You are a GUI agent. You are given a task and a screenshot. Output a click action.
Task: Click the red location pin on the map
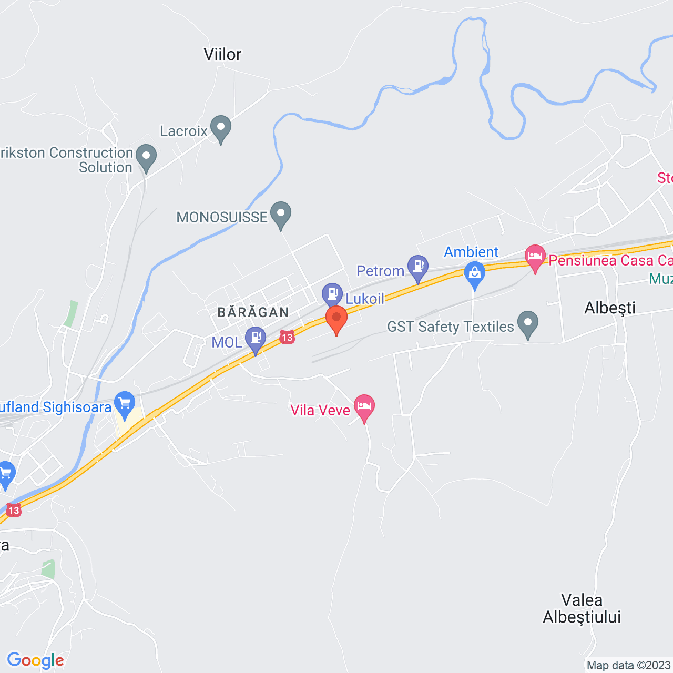pyautogui.click(x=336, y=318)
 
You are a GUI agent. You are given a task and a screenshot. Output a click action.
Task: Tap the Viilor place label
pyautogui.click(x=222, y=54)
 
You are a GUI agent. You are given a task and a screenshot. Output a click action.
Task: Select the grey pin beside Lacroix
pyautogui.click(x=221, y=128)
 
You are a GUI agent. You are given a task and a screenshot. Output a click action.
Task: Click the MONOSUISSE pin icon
pyautogui.click(x=281, y=214)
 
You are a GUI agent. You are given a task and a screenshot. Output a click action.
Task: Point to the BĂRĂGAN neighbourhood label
pyautogui.click(x=253, y=312)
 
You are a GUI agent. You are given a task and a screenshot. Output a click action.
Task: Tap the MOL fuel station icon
pyautogui.click(x=255, y=338)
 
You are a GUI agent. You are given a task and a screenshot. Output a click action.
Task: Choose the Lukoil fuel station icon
pyautogui.click(x=332, y=294)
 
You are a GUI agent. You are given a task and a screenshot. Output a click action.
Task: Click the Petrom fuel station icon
pyautogui.click(x=418, y=267)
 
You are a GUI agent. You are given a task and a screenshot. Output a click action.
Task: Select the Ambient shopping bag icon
pyautogui.click(x=474, y=273)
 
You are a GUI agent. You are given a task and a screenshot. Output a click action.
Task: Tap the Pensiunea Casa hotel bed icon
pyautogui.click(x=535, y=257)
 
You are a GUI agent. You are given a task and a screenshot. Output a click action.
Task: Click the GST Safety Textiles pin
pyautogui.click(x=528, y=323)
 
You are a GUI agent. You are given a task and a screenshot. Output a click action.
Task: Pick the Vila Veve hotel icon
pyautogui.click(x=364, y=406)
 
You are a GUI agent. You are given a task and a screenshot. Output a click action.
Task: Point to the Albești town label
pyautogui.click(x=610, y=308)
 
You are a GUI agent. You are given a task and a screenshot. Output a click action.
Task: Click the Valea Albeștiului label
pyautogui.click(x=582, y=608)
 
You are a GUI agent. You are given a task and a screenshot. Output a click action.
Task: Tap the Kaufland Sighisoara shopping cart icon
pyautogui.click(x=125, y=404)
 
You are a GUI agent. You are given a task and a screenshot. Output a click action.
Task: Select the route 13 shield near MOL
pyautogui.click(x=287, y=337)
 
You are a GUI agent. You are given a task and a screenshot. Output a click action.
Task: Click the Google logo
pyautogui.click(x=35, y=660)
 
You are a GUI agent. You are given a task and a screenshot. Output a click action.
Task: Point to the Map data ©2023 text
pyautogui.click(x=628, y=666)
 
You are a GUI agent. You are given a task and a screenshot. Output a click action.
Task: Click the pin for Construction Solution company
pyautogui.click(x=146, y=156)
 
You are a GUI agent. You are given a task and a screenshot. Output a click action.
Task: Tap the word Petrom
pyautogui.click(x=380, y=271)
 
